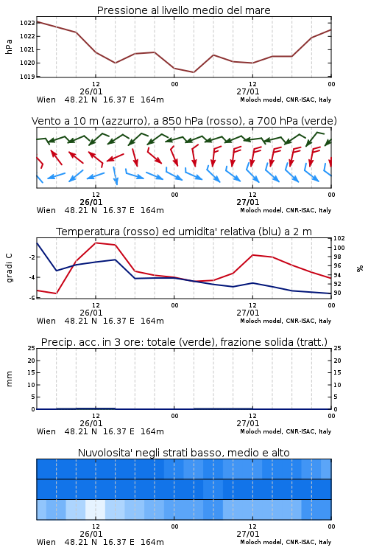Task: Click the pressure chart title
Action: point(183,10)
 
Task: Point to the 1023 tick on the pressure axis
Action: point(27,23)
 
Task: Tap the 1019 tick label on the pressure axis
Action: point(27,77)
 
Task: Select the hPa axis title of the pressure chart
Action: point(9,46)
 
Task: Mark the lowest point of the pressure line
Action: point(194,72)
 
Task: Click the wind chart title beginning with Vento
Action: point(184,121)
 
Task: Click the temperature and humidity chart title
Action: point(184,232)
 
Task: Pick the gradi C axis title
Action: point(10,268)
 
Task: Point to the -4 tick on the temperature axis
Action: point(32,277)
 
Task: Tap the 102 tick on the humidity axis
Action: point(339,238)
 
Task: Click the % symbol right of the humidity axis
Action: point(360,268)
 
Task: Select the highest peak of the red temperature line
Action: point(96,243)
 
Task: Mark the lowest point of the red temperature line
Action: point(57,293)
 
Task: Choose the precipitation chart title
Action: point(184,342)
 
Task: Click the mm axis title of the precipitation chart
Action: point(9,379)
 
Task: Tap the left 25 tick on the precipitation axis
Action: point(32,348)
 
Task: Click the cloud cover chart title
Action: point(184,453)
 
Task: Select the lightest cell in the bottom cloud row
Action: point(96,509)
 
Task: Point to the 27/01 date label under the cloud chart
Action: point(248,534)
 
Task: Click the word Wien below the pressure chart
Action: point(46,100)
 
